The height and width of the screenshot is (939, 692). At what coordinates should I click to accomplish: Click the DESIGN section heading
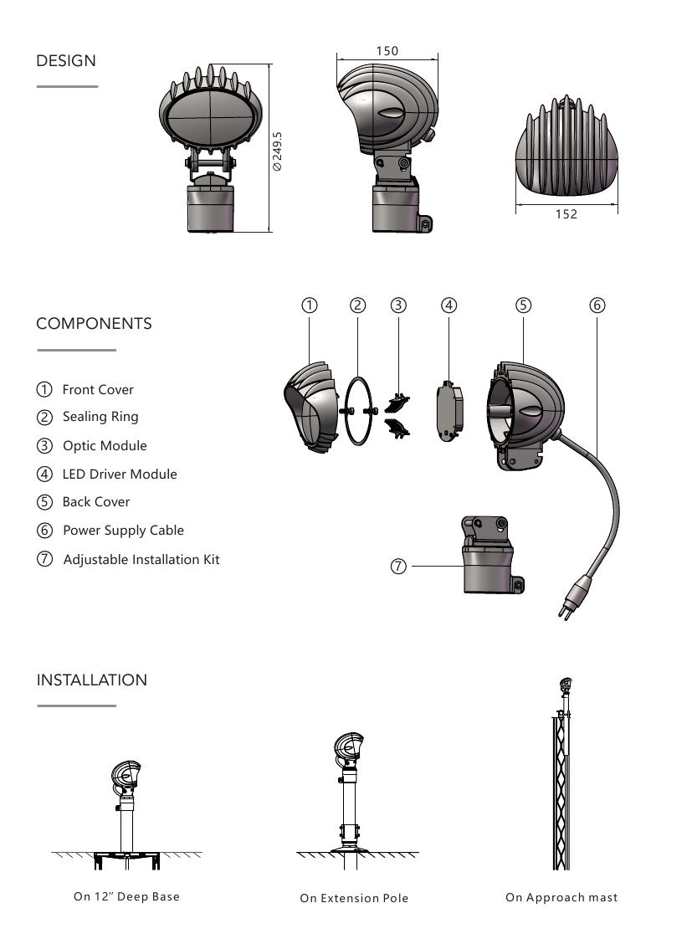(x=66, y=60)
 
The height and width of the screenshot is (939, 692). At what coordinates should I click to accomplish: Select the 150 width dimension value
(x=387, y=51)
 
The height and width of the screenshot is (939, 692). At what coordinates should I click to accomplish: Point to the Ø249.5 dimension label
(x=277, y=151)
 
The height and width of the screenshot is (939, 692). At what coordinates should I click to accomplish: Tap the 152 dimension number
(x=566, y=214)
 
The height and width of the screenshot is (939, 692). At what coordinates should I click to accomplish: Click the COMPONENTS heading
(x=94, y=323)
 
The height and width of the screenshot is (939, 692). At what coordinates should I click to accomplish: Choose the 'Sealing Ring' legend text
(x=100, y=417)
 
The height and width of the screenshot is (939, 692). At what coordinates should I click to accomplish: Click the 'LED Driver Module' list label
(x=120, y=475)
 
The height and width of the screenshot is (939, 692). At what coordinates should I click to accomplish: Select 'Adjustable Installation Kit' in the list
(x=141, y=559)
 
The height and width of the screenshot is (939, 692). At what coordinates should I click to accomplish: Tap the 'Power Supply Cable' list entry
(x=123, y=531)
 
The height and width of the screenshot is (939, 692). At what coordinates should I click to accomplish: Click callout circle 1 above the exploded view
(x=310, y=305)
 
